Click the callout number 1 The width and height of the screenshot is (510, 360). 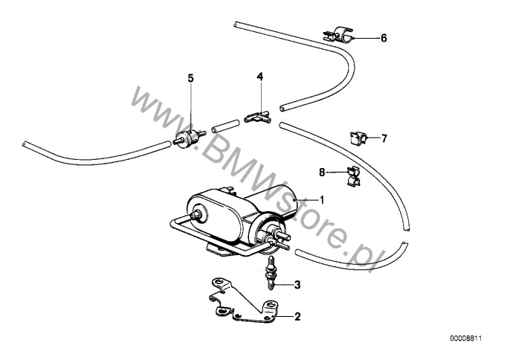point(322,199)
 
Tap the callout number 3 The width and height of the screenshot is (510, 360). point(297,284)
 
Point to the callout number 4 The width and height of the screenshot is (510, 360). point(259,77)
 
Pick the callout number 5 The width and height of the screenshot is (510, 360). point(190,77)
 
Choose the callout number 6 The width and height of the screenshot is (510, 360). point(384,37)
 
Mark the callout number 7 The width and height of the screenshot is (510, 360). point(384,138)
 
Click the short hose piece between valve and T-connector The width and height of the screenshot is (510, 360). point(225,124)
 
